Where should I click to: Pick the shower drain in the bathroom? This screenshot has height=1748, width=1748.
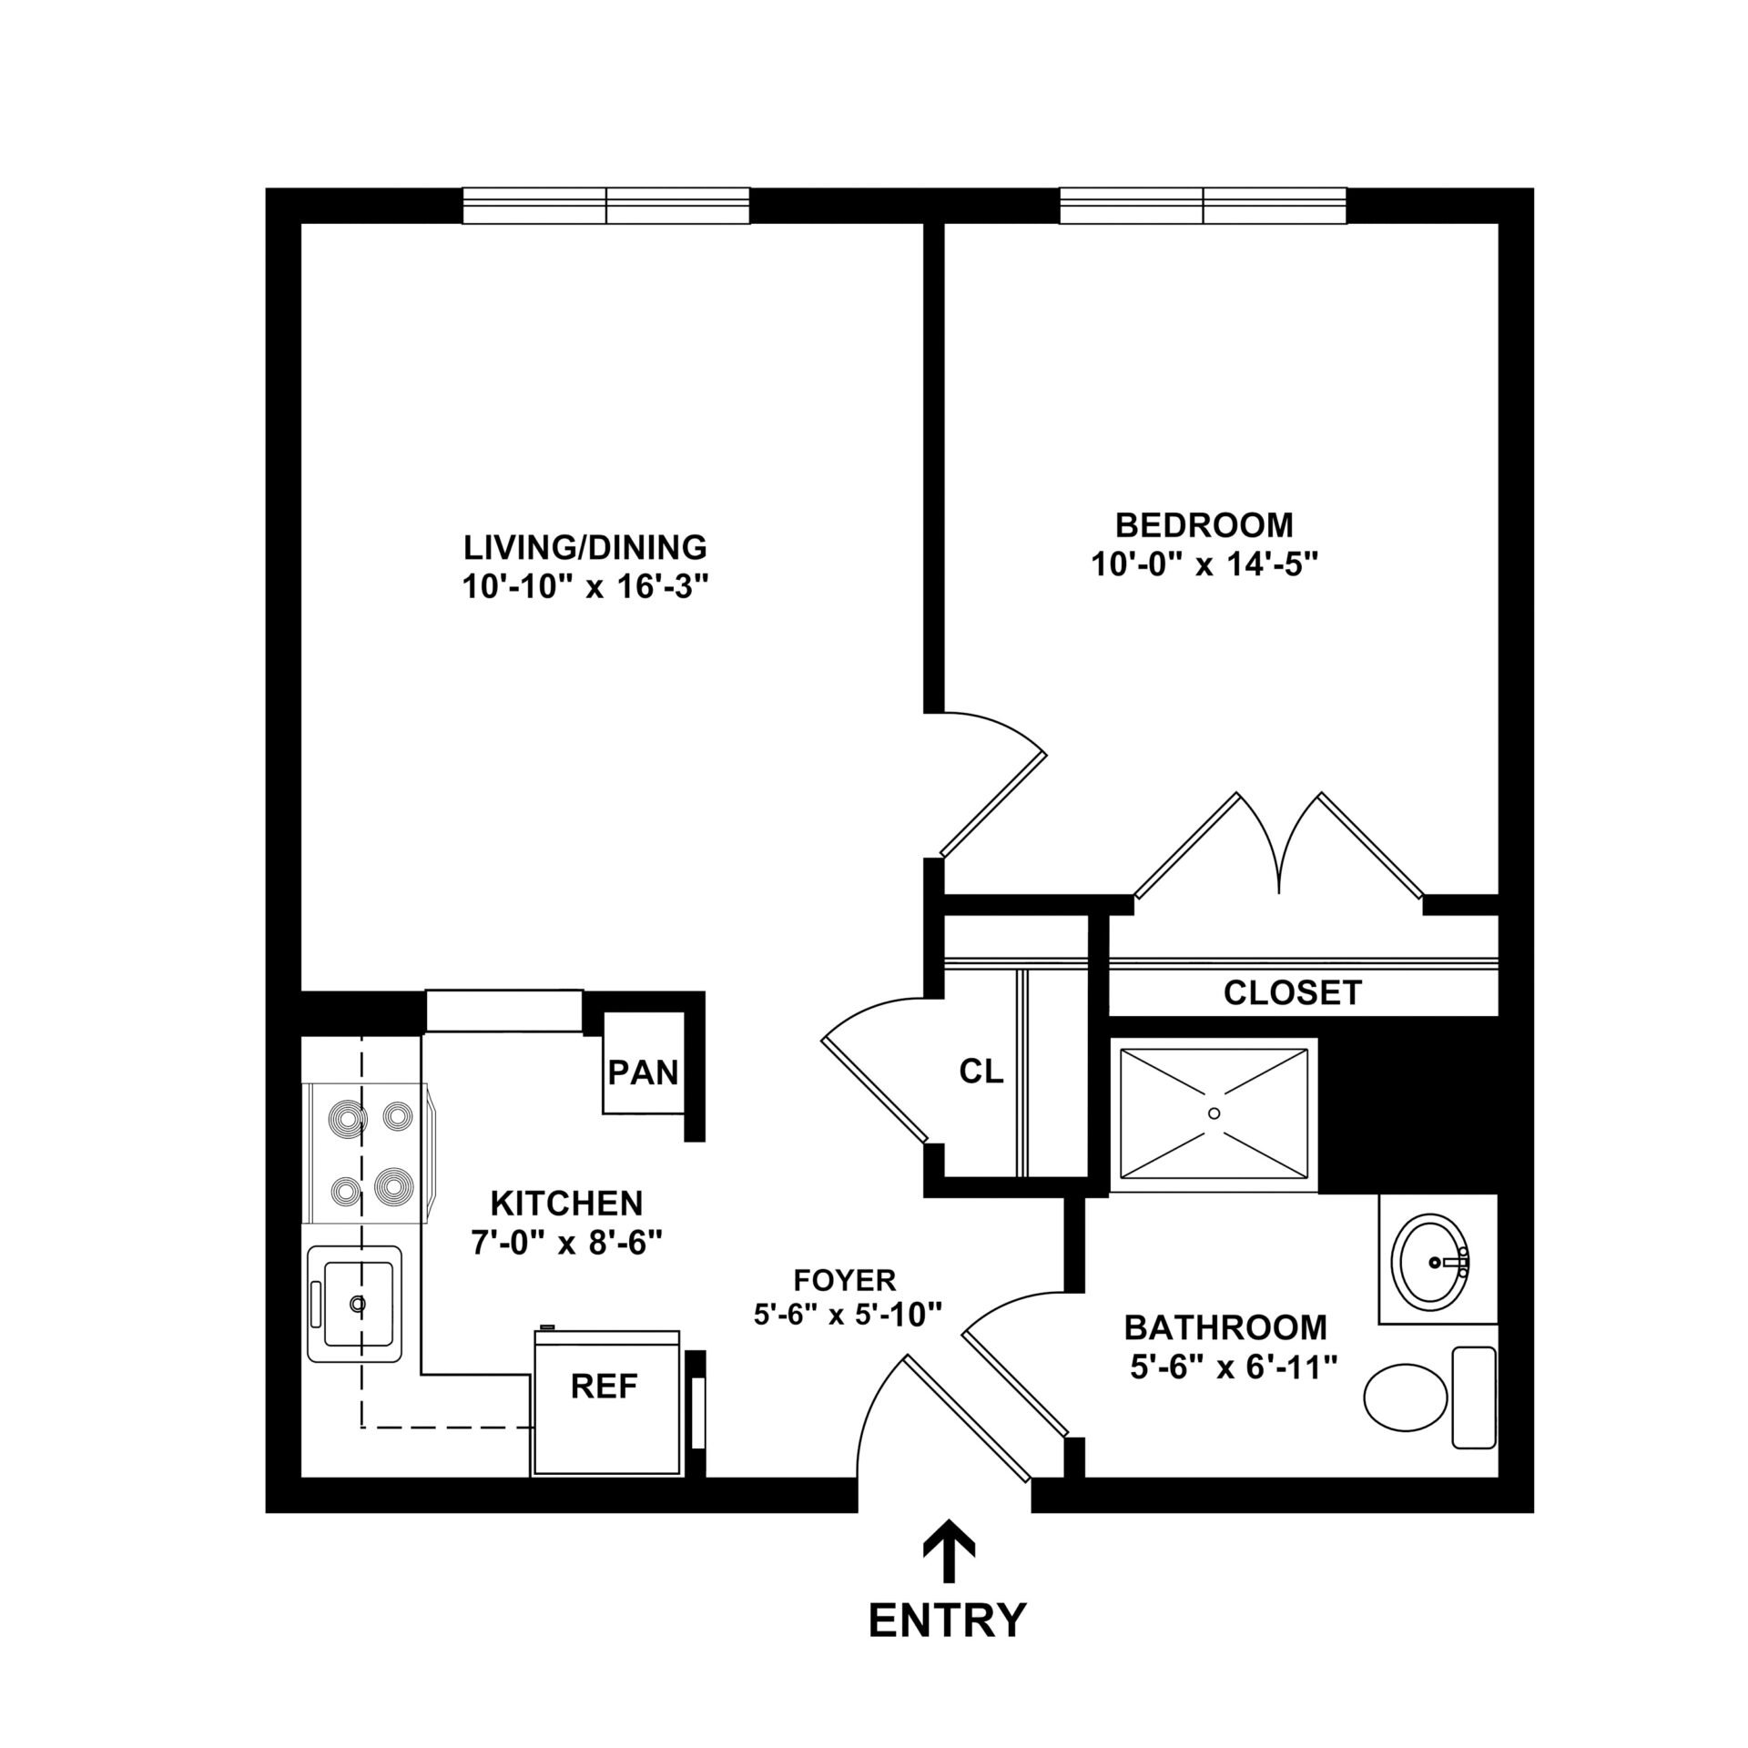click(x=1214, y=1113)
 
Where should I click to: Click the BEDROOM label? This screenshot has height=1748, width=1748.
click(x=1204, y=525)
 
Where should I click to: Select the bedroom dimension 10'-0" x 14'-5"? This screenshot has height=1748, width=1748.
click(x=1204, y=565)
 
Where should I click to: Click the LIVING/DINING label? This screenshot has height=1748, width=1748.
click(x=584, y=547)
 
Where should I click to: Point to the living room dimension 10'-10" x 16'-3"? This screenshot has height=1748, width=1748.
click(x=584, y=587)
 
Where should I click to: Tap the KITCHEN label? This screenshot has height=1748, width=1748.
click(x=566, y=1204)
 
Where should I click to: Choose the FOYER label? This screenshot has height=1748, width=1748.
click(x=845, y=1280)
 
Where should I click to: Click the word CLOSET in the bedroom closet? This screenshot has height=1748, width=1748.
click(x=1292, y=992)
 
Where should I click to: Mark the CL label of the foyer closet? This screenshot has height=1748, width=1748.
click(x=981, y=1072)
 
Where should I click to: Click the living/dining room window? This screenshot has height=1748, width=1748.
click(x=606, y=206)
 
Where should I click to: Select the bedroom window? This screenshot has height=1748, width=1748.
click(x=1203, y=206)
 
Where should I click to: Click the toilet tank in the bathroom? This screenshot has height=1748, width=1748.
click(x=1473, y=1409)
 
